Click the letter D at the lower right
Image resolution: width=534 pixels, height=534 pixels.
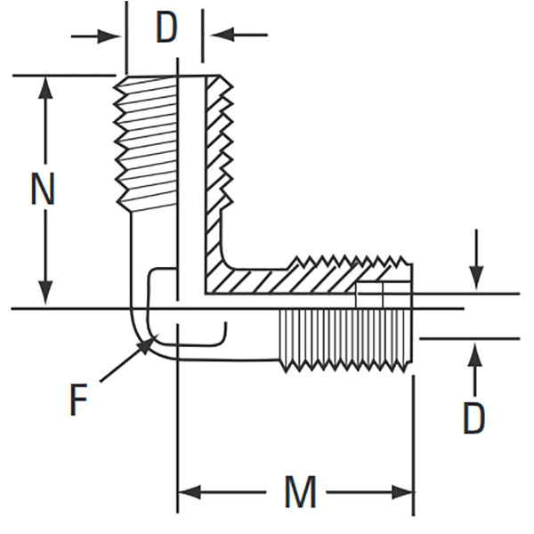coord(473,417)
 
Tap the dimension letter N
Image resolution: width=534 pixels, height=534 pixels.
coord(43,190)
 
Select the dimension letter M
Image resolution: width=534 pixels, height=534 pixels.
coord(300,492)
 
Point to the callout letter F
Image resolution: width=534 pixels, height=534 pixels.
coord(79,400)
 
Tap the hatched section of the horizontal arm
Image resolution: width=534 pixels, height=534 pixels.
coord(285,279)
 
